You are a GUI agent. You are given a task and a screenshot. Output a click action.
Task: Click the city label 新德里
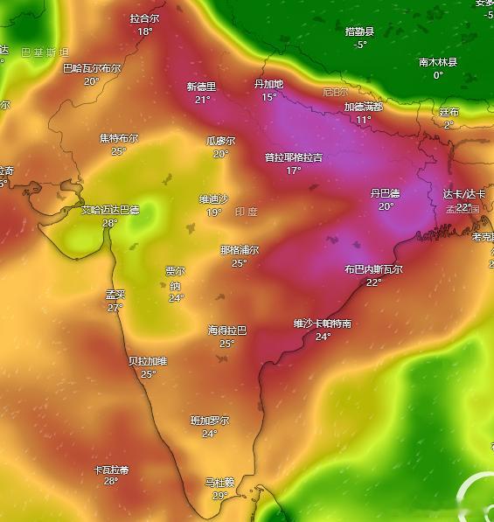tap(201, 87)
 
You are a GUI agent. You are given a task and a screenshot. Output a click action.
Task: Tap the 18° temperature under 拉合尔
tap(144, 31)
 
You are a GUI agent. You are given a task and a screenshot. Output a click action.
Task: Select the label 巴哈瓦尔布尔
tap(92, 68)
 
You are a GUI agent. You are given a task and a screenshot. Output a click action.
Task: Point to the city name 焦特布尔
tap(119, 138)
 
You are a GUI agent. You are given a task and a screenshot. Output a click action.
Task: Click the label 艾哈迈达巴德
tap(110, 210)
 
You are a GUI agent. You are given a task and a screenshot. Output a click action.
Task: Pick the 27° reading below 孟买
tap(115, 308)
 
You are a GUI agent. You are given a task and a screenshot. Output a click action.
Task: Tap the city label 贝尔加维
tap(148, 361)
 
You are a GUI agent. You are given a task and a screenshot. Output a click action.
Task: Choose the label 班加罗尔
tap(210, 421)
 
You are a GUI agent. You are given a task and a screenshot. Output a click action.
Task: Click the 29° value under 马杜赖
tap(220, 495)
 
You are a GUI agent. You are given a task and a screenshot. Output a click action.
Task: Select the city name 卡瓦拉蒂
tap(111, 470)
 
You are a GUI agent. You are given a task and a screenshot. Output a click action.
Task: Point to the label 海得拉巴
tap(227, 331)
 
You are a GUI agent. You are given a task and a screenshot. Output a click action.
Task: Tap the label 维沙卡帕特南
tap(323, 324)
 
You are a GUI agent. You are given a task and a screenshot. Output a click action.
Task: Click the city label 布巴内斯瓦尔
tap(373, 269)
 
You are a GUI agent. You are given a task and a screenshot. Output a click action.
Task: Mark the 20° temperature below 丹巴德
tap(386, 206)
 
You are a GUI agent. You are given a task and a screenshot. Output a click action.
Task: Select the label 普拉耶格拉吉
tap(293, 158)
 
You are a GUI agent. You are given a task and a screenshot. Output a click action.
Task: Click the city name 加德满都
tap(363, 107)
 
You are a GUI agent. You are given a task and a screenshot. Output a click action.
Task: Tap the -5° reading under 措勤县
tap(360, 45)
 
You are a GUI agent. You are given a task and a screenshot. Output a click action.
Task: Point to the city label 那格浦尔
tap(239, 250)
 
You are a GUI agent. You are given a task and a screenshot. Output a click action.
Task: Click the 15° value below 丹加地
tap(269, 97)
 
